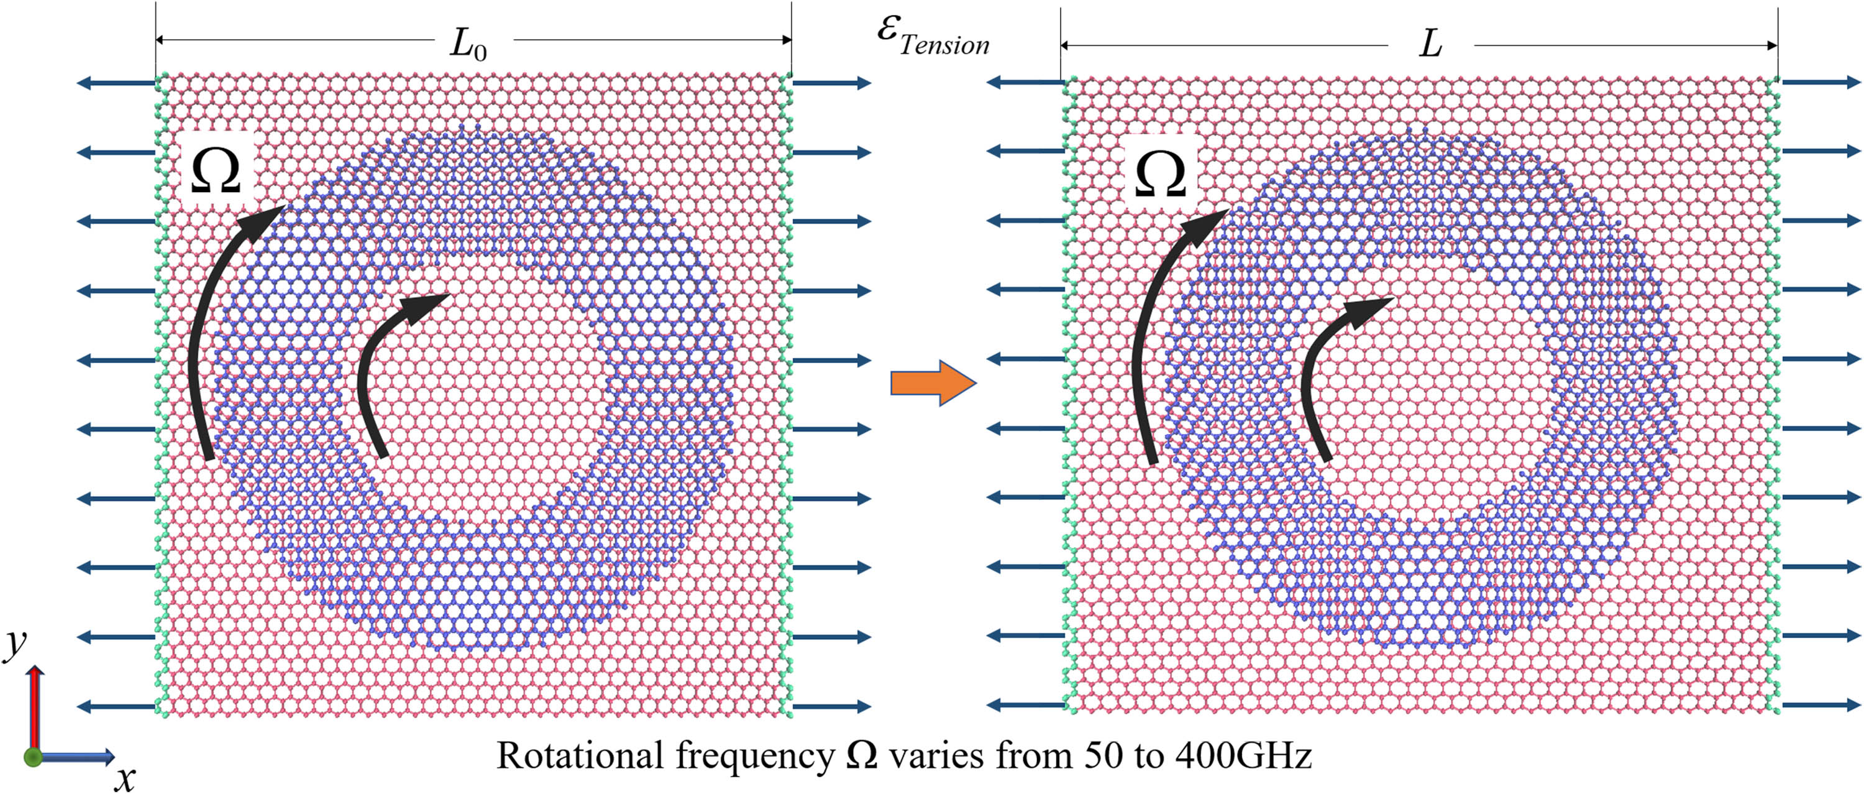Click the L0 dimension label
point(468,45)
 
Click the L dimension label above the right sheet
point(1430,45)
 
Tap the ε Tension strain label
point(933,36)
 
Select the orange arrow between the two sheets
point(933,382)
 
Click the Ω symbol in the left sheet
point(216,172)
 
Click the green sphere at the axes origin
point(32,757)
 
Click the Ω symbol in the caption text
point(862,755)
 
